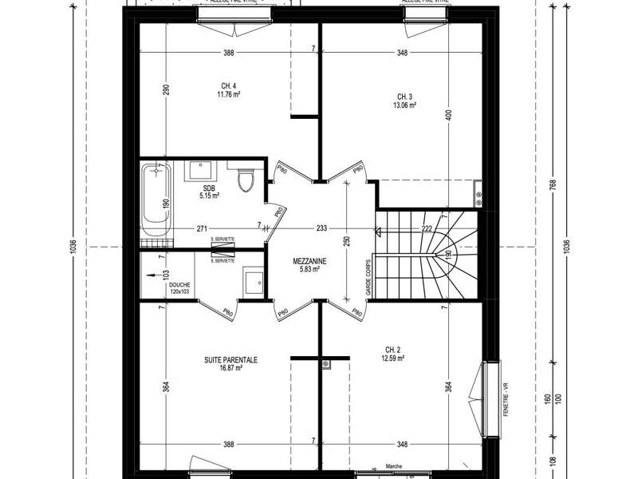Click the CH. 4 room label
click(228, 86)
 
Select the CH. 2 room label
click(393, 349)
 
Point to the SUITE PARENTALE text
click(230, 361)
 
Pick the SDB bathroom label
click(210, 188)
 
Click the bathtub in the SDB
click(156, 204)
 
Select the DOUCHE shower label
click(179, 285)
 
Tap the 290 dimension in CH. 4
click(167, 89)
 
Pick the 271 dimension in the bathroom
click(203, 229)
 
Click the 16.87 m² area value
click(230, 370)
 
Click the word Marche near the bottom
click(393, 466)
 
